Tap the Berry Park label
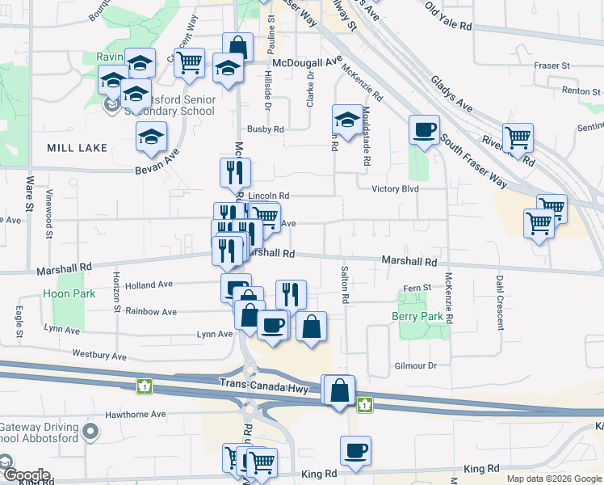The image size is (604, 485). (x=417, y=316)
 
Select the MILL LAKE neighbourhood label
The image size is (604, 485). (x=77, y=148)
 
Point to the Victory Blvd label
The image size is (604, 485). (x=395, y=189)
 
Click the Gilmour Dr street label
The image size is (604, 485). (x=417, y=365)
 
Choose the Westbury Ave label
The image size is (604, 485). (x=99, y=355)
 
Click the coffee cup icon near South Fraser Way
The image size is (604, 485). (x=424, y=129)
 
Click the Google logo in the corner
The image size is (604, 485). (x=26, y=475)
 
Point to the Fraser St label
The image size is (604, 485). (x=552, y=65)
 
